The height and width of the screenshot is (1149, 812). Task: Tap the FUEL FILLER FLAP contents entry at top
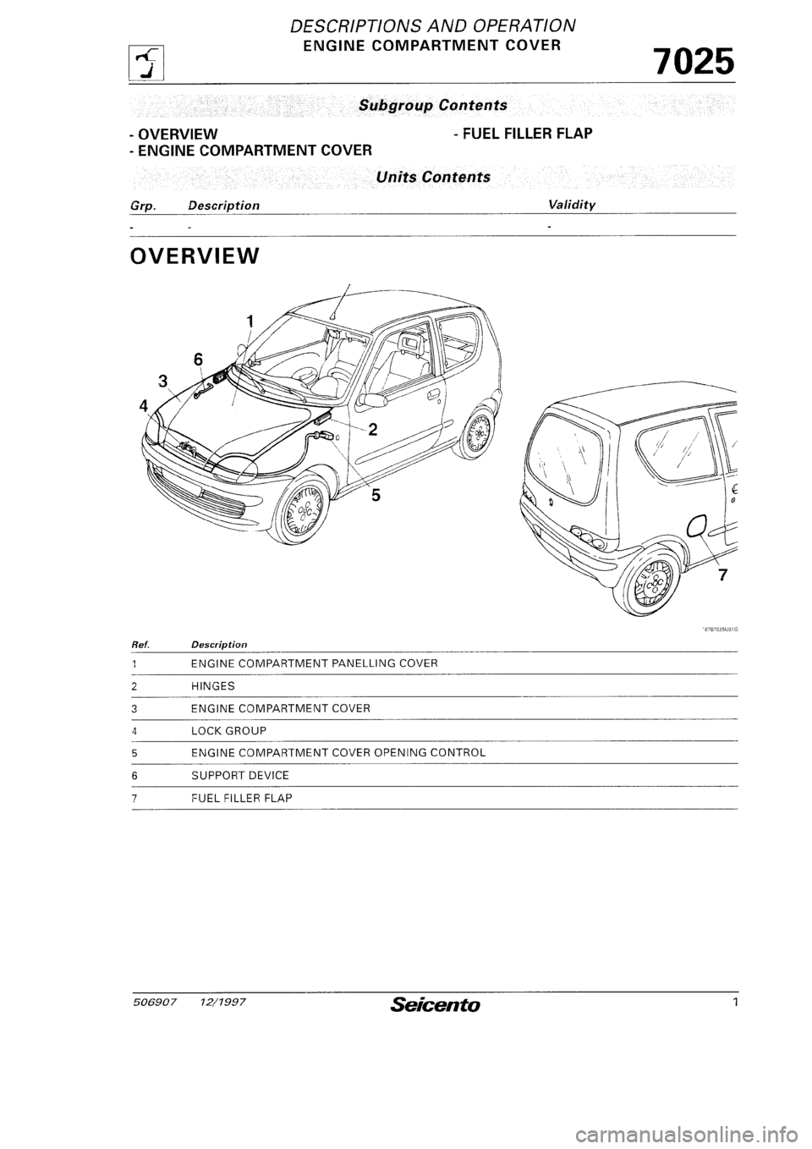[x=522, y=134]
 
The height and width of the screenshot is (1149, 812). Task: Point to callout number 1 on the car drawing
[x=250, y=322]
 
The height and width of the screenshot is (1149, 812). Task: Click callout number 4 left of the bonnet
[x=145, y=405]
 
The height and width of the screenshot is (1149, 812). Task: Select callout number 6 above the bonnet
[x=198, y=359]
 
